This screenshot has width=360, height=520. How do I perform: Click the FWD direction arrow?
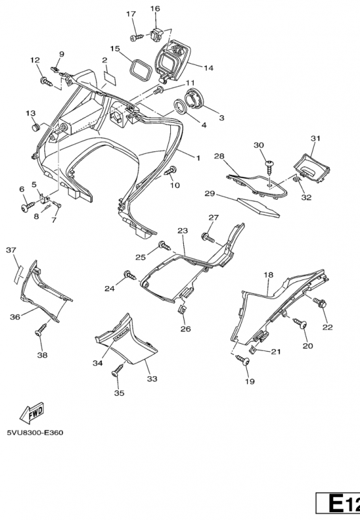32,414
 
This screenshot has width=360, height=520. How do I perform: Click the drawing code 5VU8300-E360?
35,433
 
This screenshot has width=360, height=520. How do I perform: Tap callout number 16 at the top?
155,8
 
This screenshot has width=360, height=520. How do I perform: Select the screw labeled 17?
136,37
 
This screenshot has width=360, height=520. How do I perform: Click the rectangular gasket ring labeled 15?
140,70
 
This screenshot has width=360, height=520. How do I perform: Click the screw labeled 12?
46,81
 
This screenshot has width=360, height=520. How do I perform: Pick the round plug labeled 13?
36,127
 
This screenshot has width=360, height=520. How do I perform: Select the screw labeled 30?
269,169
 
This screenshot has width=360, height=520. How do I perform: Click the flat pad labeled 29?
259,208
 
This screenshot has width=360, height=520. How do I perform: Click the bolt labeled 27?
208,237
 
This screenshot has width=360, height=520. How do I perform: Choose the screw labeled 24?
130,275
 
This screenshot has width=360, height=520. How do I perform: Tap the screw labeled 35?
118,370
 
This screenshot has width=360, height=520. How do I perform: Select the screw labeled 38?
41,330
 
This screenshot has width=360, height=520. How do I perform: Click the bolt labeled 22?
319,303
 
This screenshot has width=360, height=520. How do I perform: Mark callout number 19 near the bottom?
250,382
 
